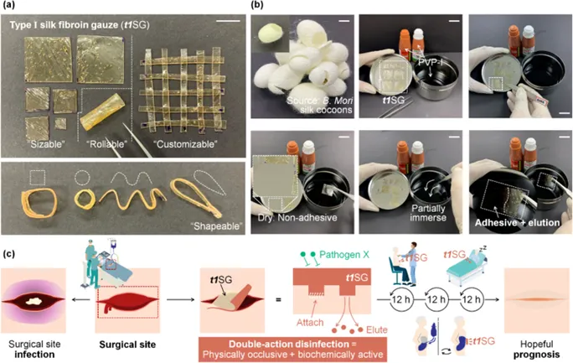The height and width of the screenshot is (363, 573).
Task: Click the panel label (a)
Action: [9, 8]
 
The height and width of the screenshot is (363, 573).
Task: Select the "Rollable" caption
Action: [109, 144]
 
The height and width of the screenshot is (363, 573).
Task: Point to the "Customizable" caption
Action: [185, 144]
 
